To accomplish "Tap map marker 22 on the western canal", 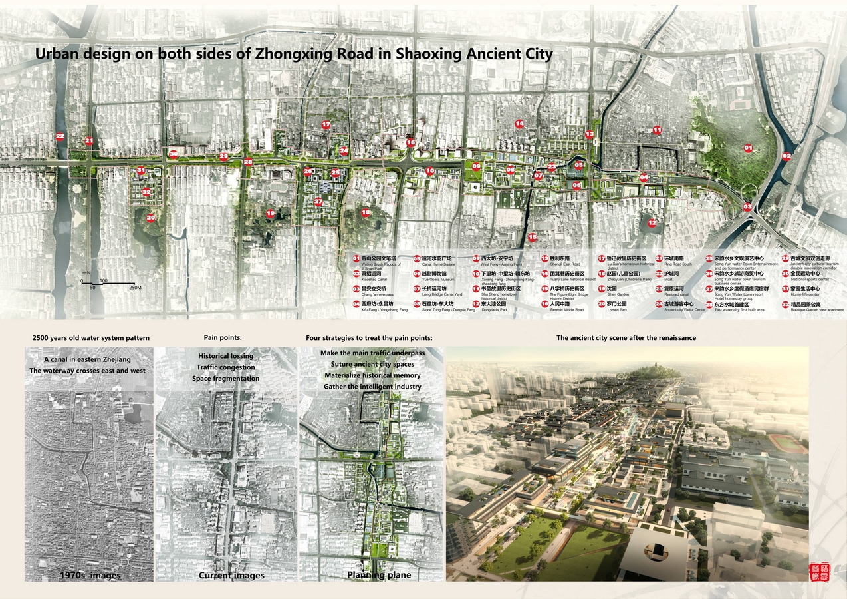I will coord(60,136).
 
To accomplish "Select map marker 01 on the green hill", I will coord(747,148).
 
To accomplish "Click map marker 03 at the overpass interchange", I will coord(747,207).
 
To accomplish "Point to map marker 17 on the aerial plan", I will coord(326,124).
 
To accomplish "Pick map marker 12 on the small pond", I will coord(652,222).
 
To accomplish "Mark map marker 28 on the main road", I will coord(248,162).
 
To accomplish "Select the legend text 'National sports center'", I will coord(809,280).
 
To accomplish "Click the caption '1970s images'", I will coord(90,574).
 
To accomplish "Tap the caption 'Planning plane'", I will coord(379,574).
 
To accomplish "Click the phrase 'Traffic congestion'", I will coord(226,367).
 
